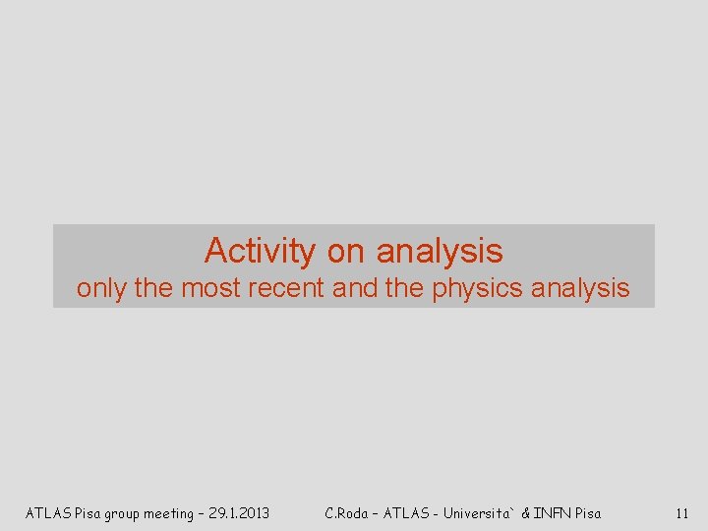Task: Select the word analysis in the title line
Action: tap(440, 252)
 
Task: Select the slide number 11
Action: tap(681, 512)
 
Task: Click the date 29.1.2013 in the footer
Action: tap(237, 512)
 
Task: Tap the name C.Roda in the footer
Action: tap(347, 512)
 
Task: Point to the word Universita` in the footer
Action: tap(479, 512)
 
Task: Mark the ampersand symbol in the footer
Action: tap(526, 512)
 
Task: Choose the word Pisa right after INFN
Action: tap(588, 512)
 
